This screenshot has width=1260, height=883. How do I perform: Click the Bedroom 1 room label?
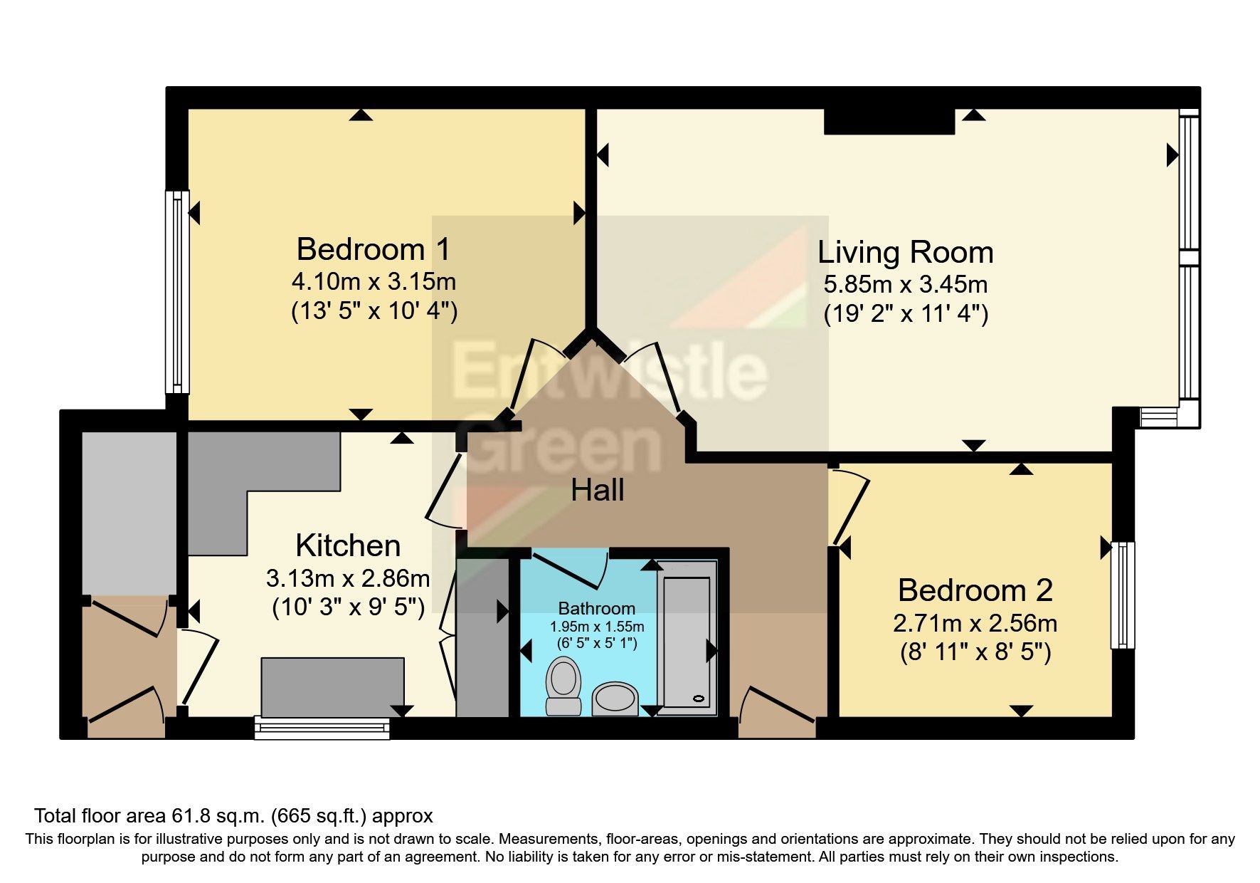pos(374,250)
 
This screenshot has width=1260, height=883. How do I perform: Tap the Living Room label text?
pos(905,253)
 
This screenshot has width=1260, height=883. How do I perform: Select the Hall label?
pos(598,491)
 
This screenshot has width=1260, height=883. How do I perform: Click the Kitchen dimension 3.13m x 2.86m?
pos(348,578)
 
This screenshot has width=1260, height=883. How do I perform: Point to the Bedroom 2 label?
pos(975,590)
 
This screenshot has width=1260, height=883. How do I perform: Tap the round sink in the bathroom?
pos(615,699)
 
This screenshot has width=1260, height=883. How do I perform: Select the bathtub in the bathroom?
pos(687,641)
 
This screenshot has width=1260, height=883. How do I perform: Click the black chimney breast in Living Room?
pos(889,122)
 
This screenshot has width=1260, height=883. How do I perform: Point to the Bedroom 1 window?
pos(177,292)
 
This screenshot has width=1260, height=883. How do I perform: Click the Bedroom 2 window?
pos(1123,595)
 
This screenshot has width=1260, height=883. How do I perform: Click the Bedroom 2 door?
pos(850,509)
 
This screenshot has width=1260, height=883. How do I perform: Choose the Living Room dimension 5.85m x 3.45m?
pos(905,285)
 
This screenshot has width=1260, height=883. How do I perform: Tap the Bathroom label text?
pos(596,609)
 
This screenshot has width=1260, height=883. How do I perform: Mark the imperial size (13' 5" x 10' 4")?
pos(374,311)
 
